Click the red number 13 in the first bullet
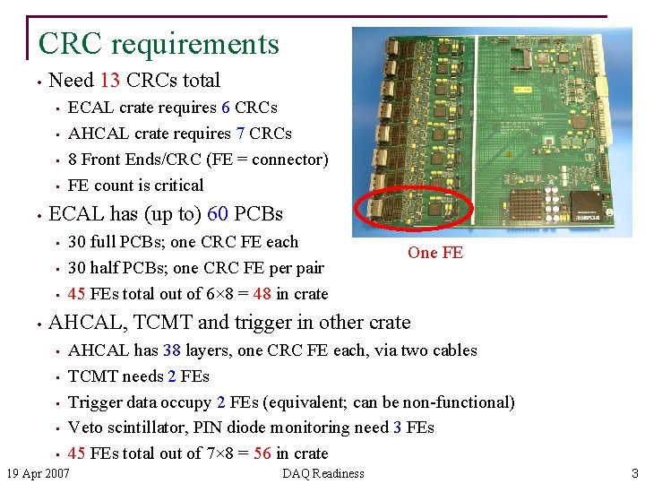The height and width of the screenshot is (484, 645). coord(110,81)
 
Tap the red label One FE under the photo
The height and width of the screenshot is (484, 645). coord(435,253)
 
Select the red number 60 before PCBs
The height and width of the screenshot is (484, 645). coord(219,214)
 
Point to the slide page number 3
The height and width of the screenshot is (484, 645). coord(634,473)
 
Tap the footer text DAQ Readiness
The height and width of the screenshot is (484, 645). coord(322,473)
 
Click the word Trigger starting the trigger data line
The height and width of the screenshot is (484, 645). coord(95,402)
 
